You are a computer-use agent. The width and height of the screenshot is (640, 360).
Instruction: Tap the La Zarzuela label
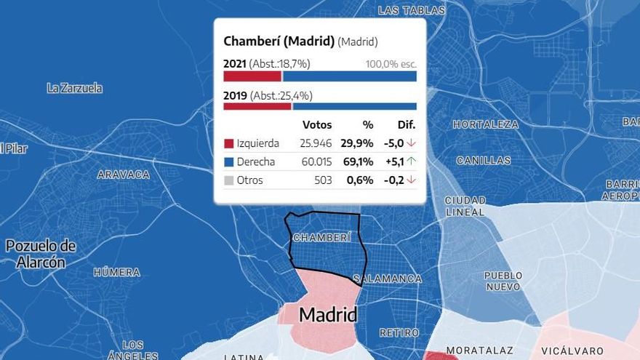coord(74,88)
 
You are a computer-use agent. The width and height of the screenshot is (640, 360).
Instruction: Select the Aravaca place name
coord(123,175)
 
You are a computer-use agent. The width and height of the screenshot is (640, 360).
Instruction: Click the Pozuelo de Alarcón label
coord(40,254)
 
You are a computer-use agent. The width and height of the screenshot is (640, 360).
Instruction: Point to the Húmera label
coord(116,272)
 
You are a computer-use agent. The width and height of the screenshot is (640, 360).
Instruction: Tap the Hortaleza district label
coord(486,124)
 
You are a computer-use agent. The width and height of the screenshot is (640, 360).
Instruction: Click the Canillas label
coord(484,160)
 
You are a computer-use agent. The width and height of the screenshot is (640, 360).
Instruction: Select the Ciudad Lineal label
coord(465,206)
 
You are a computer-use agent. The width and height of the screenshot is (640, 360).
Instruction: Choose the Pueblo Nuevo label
coord(503,280)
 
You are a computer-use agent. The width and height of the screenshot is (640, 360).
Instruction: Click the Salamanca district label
coord(388,279)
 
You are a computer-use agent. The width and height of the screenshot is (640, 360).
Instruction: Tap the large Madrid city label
coord(328,315)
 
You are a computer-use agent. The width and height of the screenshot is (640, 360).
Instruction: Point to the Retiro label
coord(399,332)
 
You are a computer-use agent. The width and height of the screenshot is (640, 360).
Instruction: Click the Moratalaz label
coord(479,350)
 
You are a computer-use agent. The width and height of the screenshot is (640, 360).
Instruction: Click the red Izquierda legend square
coord(228,143)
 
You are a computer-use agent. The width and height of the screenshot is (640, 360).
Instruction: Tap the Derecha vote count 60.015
coord(316,161)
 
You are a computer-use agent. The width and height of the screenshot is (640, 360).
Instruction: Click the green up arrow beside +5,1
coord(411,161)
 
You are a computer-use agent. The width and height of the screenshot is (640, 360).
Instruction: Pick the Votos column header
coord(316,124)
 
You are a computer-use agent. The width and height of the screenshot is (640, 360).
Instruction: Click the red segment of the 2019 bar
coord(257,106)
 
